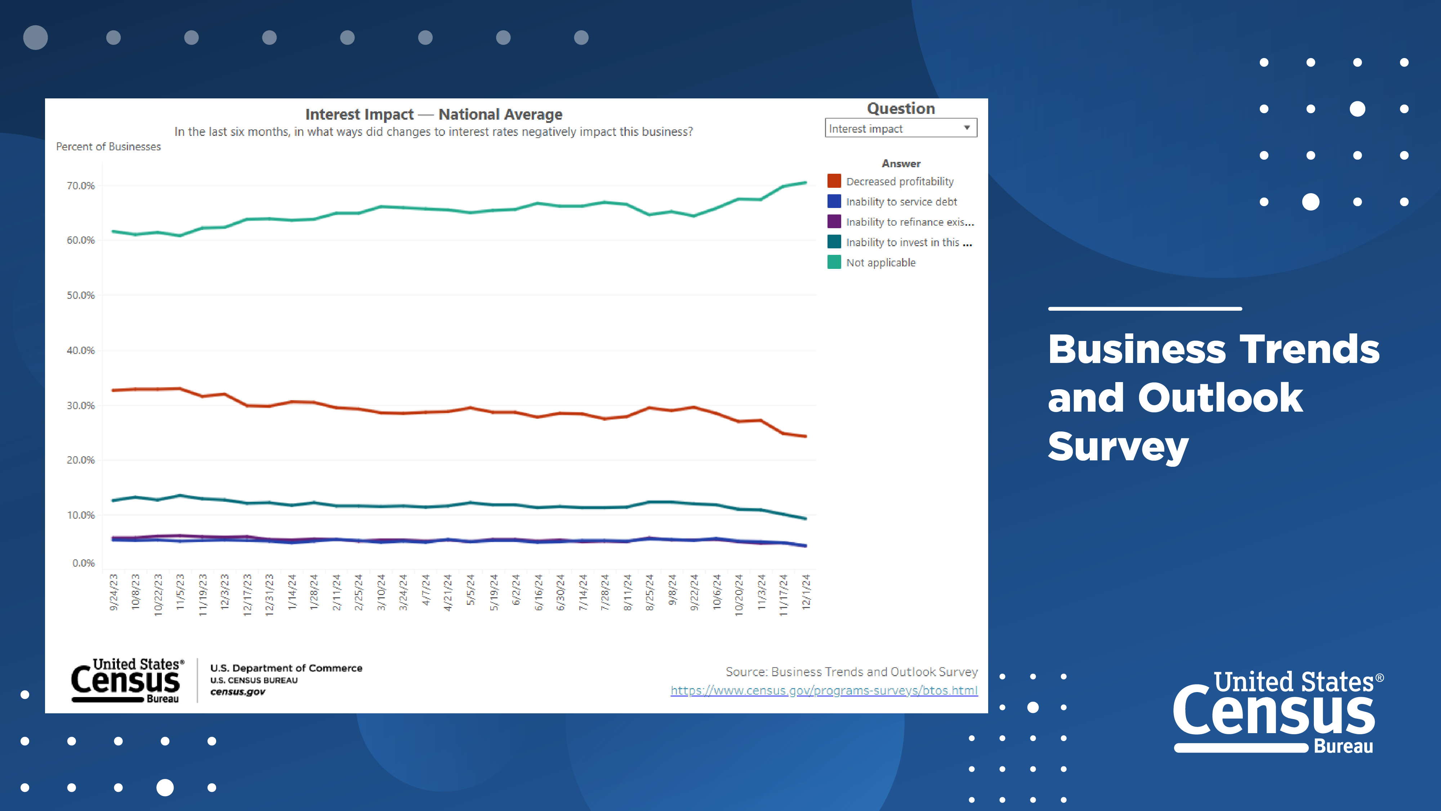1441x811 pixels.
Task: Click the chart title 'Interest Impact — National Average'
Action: [433, 114]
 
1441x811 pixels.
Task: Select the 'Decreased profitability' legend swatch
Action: [834, 181]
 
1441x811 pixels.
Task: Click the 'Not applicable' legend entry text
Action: [880, 262]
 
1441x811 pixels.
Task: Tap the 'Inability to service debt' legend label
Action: [901, 201]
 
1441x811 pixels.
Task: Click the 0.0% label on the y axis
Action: [83, 563]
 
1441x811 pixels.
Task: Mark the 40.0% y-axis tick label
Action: [81, 350]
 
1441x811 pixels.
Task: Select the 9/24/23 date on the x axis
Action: [113, 592]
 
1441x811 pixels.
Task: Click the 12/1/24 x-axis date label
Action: [806, 592]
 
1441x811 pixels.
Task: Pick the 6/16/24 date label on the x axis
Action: [538, 592]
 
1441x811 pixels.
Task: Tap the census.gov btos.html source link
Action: [824, 691]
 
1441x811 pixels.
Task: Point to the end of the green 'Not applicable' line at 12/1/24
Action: [805, 182]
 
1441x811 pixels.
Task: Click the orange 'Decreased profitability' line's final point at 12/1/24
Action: [805, 436]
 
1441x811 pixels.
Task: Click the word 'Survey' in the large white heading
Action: [1117, 447]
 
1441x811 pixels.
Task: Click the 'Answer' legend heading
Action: [901, 163]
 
